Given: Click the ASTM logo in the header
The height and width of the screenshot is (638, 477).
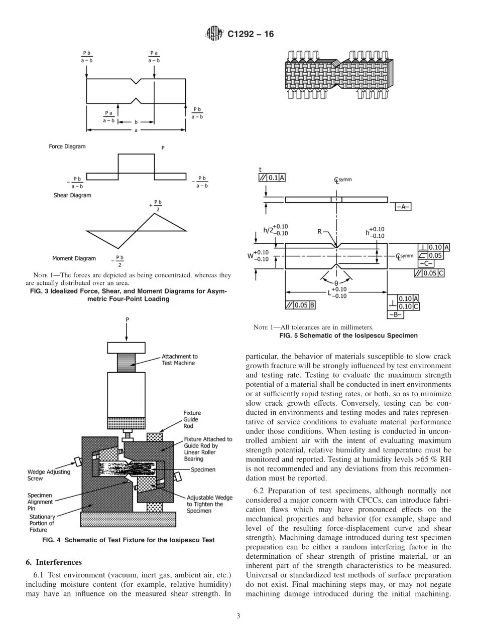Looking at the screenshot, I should [x=213, y=35].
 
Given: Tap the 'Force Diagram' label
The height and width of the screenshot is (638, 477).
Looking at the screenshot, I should [x=67, y=146].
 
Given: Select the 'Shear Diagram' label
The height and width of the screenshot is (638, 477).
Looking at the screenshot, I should [x=72, y=195].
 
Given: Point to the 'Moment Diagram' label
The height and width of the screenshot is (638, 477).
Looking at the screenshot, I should [x=74, y=258].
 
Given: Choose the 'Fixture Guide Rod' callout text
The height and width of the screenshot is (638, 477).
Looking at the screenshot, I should [x=192, y=419].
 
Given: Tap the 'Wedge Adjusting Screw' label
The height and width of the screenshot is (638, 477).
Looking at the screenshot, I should [x=49, y=475].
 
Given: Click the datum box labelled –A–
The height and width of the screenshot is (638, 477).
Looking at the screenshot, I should [x=403, y=207].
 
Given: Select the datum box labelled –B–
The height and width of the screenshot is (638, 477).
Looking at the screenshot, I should [x=396, y=315].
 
